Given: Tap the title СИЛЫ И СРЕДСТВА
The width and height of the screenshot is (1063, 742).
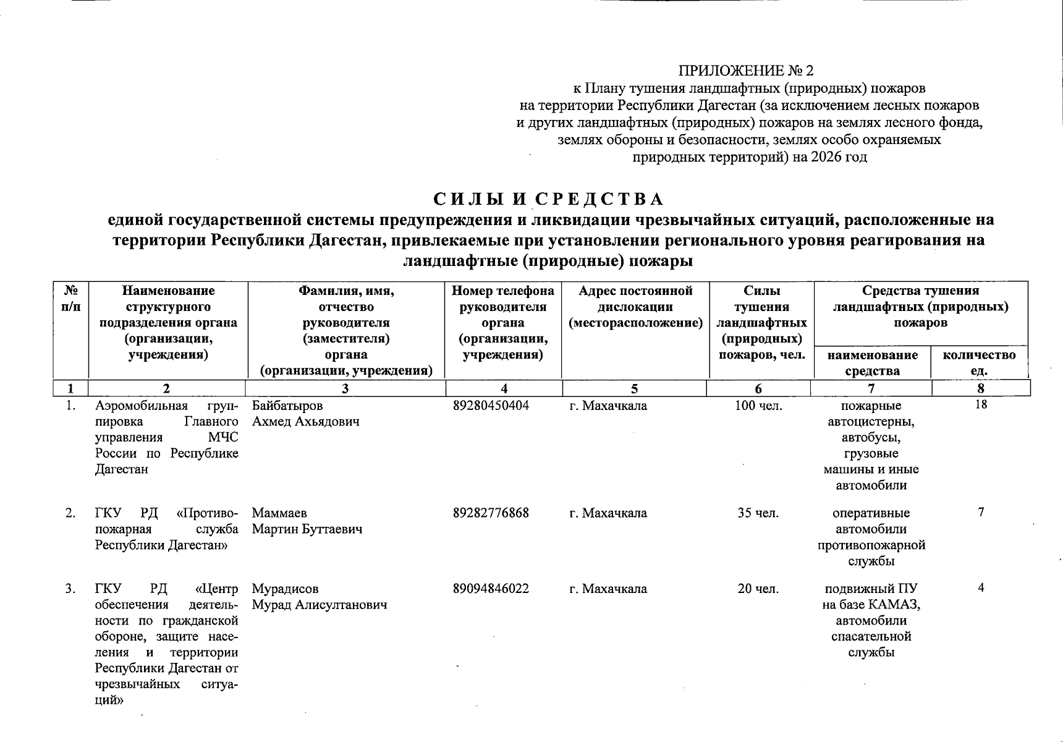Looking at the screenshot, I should [x=548, y=199].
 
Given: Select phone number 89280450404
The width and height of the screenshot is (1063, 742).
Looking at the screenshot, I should [x=491, y=406].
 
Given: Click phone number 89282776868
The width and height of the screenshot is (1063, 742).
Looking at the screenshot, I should [x=491, y=513].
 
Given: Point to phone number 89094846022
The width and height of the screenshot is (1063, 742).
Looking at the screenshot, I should [x=491, y=589].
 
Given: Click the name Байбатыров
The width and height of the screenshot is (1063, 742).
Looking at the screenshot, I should [x=287, y=406].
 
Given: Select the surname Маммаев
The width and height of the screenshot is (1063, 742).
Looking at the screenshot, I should [x=279, y=513].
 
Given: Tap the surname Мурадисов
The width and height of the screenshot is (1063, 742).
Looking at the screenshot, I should [x=286, y=589].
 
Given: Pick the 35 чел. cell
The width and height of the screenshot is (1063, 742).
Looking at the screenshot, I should [x=758, y=513].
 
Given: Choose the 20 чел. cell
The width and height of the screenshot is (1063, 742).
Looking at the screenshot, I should [x=758, y=589].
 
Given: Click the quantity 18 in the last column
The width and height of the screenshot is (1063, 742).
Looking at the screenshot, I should [x=980, y=405].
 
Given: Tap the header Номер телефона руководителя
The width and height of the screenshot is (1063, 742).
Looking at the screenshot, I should [x=503, y=299].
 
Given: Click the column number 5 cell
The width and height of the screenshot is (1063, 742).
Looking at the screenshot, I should [x=634, y=388].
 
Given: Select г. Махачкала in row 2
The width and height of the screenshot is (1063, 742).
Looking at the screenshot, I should [x=608, y=513].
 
